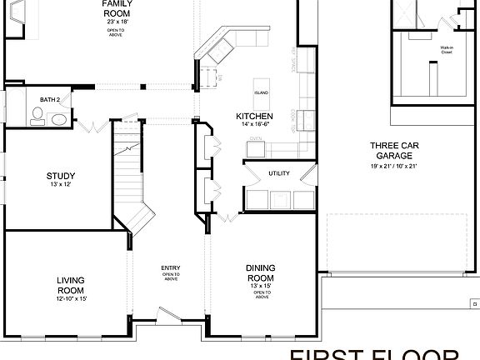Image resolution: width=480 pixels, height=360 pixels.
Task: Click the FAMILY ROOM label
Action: pos(115,8)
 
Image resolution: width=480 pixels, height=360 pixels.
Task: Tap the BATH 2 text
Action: pos(51,100)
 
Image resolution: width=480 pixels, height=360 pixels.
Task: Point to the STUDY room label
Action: pos(60,176)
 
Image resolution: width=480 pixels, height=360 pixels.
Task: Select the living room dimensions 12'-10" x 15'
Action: pos(72,298)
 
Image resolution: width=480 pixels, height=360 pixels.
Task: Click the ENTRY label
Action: pos(171,268)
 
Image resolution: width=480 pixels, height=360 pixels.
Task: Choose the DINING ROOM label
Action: pos(261,272)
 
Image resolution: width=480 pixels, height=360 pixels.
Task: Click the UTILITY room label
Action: pos(278,173)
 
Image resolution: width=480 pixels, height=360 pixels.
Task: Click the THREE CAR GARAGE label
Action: pos(393,151)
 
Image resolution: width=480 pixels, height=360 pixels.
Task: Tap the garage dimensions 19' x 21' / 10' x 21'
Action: pos(393,167)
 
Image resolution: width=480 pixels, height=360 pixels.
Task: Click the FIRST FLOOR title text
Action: pos(383,353)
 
